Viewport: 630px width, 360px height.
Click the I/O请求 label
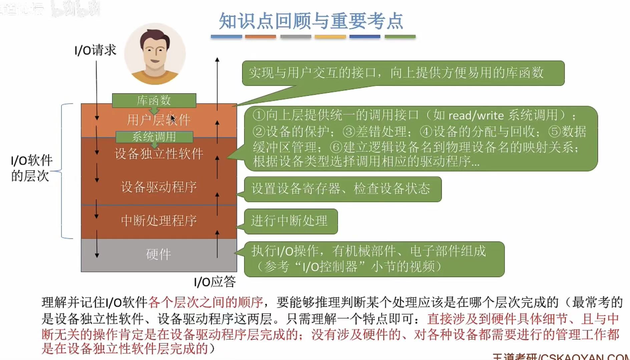tap(95, 50)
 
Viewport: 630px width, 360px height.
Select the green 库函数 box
tap(154, 100)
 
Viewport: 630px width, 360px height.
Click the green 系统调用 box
tap(154, 136)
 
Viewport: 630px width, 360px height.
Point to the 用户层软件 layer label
tap(158, 120)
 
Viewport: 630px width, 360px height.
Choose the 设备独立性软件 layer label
tap(159, 154)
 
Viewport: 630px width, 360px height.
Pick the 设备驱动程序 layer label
tap(159, 187)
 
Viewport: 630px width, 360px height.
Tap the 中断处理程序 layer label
tap(159, 221)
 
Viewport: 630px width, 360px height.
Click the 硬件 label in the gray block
tap(159, 254)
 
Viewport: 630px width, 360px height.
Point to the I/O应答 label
tap(215, 282)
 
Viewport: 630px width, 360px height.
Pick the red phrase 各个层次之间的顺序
tap(206, 302)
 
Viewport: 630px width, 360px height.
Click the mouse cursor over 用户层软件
tap(173, 118)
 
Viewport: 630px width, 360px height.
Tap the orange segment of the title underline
tap(260, 36)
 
